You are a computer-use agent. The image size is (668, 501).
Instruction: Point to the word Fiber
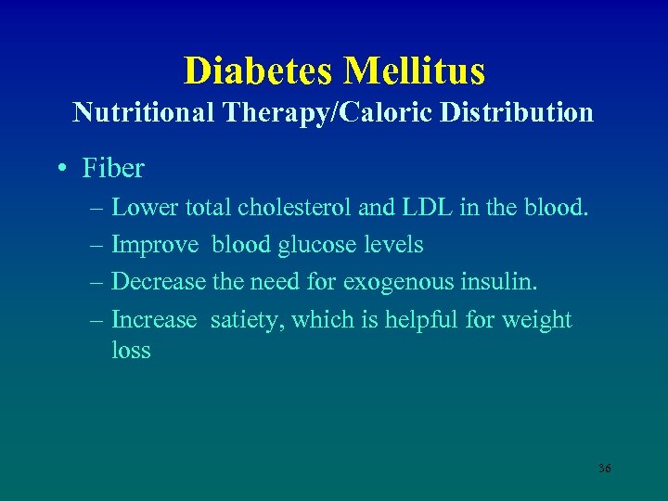pos(113,168)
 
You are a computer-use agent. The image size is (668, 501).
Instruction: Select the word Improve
pos(155,245)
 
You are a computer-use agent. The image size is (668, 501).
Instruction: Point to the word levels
pos(396,245)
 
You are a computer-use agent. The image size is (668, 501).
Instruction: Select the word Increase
pos(154,320)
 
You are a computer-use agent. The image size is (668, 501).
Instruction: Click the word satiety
pos(250,320)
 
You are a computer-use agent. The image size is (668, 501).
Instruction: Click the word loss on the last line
pos(131,351)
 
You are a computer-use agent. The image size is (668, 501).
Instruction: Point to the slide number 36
pos(604,469)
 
